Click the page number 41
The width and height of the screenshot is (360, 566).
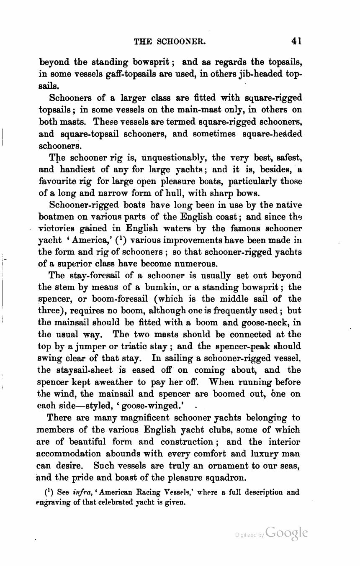pos(297,41)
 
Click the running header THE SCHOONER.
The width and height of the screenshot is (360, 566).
pos(169,41)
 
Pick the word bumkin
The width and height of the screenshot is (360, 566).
pos(162,287)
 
